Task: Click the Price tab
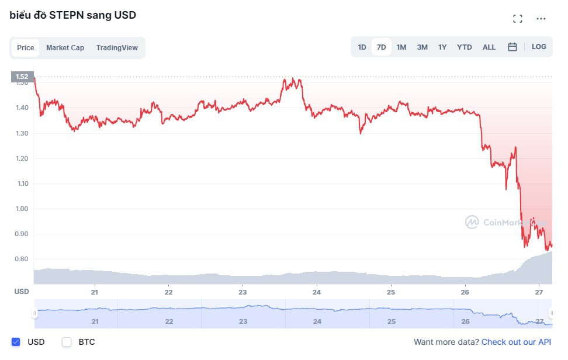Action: (25, 48)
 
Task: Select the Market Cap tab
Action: (65, 48)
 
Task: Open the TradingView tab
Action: (117, 48)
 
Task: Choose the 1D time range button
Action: (362, 47)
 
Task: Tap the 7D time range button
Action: (381, 47)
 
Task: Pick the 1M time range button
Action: (401, 47)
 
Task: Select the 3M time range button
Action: (422, 47)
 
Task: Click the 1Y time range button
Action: (442, 47)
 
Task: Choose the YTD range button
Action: (465, 47)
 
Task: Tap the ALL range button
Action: (489, 47)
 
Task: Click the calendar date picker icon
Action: (512, 47)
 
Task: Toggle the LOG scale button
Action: (539, 47)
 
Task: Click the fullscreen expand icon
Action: (518, 19)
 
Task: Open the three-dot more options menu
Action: (541, 19)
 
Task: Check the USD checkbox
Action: (16, 342)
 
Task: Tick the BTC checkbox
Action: (67, 342)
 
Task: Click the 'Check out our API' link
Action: (516, 342)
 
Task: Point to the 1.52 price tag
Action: (22, 77)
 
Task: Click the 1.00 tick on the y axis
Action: (22, 209)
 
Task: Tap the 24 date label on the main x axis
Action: (317, 292)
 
